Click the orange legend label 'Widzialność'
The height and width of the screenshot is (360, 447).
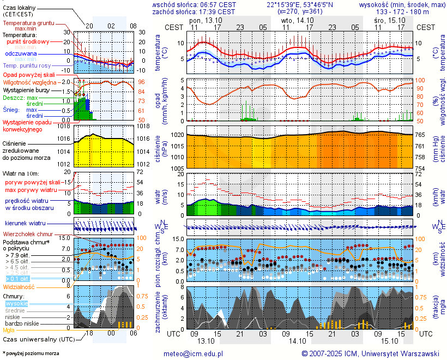19,286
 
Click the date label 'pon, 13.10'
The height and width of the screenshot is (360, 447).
206,20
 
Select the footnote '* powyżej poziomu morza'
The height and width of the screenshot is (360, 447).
31,353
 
